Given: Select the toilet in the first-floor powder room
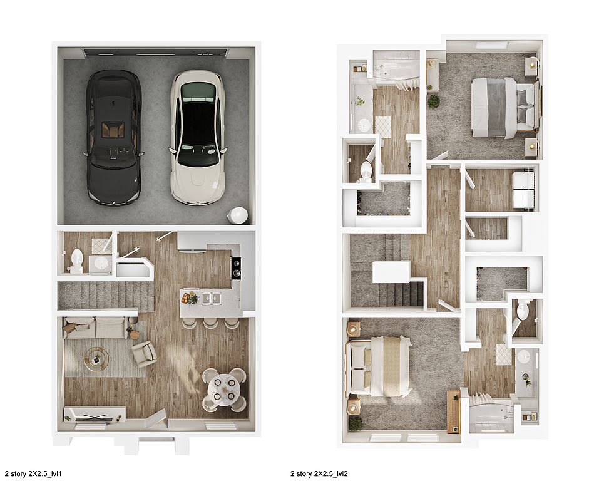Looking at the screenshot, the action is coord(77,260).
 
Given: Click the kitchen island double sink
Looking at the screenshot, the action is coord(211,298).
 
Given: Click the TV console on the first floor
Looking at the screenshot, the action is coord(95,413).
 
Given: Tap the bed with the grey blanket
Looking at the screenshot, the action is coord(503,107).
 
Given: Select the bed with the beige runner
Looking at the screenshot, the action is coord(380,365).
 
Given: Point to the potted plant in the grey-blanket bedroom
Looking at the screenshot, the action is coord(434,101).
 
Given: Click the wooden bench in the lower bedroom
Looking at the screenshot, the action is coord(454,411).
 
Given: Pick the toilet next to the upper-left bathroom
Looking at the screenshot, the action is coord(365,171).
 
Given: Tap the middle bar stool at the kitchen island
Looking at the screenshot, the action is coord(210,323).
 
